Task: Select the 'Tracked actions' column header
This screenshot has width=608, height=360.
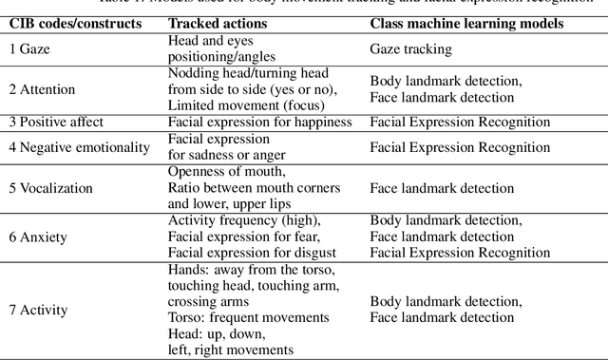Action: point(218,22)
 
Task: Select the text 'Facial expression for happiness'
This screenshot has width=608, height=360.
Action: point(258,122)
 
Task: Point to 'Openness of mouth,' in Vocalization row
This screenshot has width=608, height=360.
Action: point(225,171)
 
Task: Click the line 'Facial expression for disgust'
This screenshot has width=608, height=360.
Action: point(252,252)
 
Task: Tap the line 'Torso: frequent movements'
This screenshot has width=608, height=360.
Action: point(248,316)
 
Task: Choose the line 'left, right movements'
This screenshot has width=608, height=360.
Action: point(232,349)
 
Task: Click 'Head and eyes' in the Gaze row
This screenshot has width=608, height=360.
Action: point(211,41)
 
